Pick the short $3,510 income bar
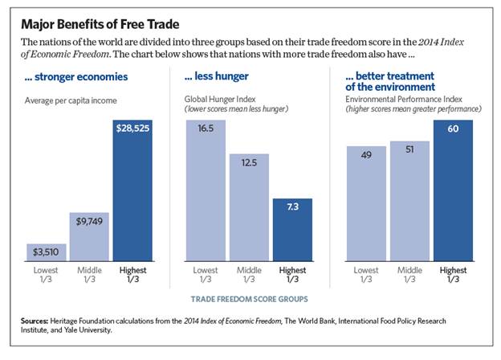tap(46, 252)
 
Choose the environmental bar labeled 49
tap(367, 204)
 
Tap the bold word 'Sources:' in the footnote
tap(41, 321)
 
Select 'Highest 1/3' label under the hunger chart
tap(292, 276)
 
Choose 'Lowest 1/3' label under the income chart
tap(46, 276)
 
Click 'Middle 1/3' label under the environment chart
tap(410, 276)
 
